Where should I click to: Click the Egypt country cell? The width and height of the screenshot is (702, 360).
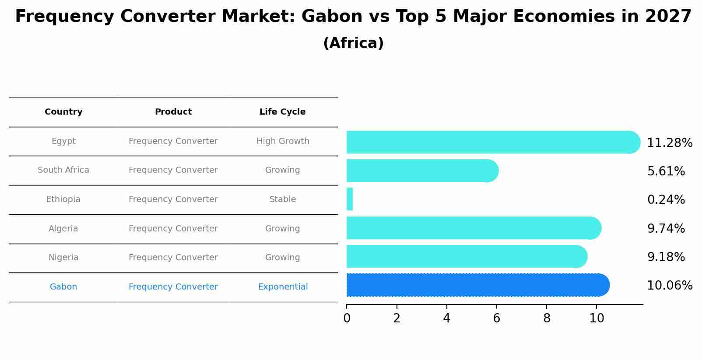click(x=63, y=141)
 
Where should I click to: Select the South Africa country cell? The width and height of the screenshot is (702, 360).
click(x=63, y=170)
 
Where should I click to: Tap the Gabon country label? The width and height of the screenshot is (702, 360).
click(x=63, y=287)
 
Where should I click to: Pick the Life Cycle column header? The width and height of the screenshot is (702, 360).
click(x=282, y=112)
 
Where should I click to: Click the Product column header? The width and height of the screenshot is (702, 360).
click(x=173, y=112)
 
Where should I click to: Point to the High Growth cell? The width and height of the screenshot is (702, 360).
click(x=283, y=141)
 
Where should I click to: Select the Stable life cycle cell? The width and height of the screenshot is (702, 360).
click(x=283, y=199)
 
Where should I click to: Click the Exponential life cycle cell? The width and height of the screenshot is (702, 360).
click(x=283, y=287)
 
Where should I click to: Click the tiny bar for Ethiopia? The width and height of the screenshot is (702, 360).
click(x=350, y=199)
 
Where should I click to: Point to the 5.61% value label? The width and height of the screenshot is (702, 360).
click(x=666, y=171)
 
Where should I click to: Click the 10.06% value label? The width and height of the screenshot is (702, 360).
click(x=670, y=286)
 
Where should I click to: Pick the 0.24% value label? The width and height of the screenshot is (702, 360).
click(x=666, y=200)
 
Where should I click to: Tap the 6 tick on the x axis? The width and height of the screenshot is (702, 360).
click(x=496, y=318)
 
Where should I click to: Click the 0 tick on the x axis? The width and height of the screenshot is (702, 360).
click(x=347, y=318)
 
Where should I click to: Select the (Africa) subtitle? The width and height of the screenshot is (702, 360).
click(x=353, y=43)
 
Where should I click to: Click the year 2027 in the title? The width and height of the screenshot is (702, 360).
click(x=668, y=17)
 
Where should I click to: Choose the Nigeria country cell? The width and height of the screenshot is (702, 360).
click(x=63, y=258)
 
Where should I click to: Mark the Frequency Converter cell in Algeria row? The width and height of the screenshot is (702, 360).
click(x=173, y=229)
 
